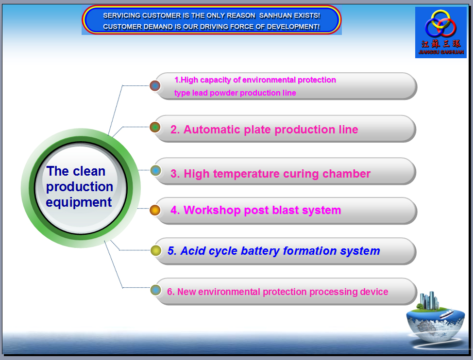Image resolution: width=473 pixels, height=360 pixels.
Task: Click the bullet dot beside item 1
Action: point(155,86)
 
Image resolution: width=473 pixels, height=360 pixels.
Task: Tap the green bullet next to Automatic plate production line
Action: point(155,127)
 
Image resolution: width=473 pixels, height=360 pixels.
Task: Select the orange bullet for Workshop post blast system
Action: point(155,210)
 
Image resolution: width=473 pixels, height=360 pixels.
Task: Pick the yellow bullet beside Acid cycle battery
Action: point(156,250)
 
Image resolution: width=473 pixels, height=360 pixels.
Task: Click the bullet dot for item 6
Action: point(156,290)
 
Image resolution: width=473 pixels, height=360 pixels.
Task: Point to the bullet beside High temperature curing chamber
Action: point(156,171)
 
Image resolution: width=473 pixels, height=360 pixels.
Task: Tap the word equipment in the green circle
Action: point(79,202)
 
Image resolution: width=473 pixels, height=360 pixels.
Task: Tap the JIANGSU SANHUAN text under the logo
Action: point(441,52)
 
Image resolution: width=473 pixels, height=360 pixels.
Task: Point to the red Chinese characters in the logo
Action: point(441,44)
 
